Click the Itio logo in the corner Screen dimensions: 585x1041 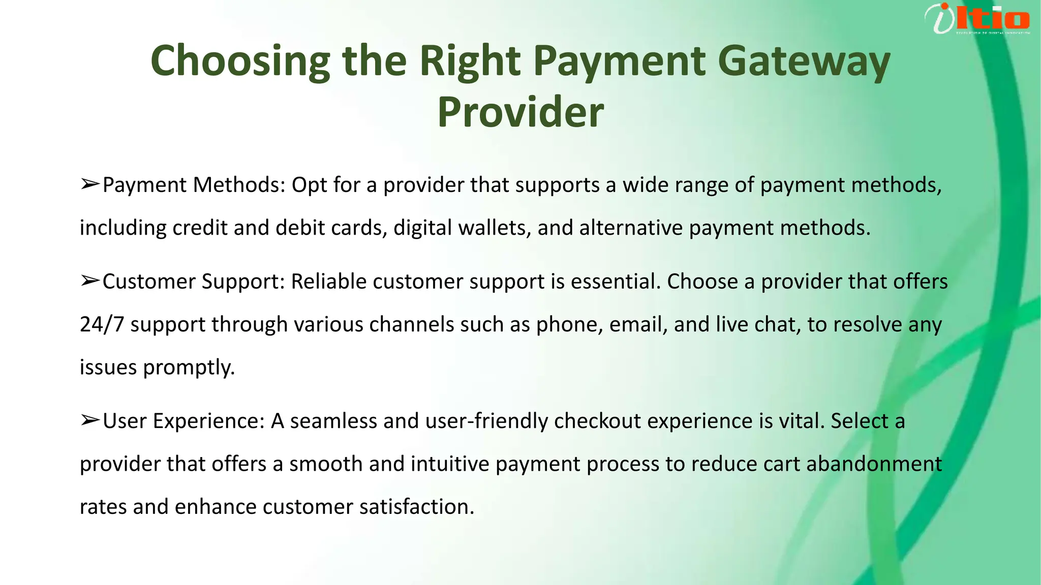(x=977, y=19)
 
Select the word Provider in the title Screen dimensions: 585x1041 (x=520, y=112)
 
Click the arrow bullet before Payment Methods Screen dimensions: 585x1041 (x=90, y=185)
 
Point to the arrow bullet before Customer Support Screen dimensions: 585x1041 (x=90, y=281)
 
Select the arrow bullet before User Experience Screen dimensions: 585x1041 (x=90, y=421)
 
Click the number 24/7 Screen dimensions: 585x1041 (x=102, y=324)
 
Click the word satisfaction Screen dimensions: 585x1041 (x=416, y=507)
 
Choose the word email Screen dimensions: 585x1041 (x=638, y=324)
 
